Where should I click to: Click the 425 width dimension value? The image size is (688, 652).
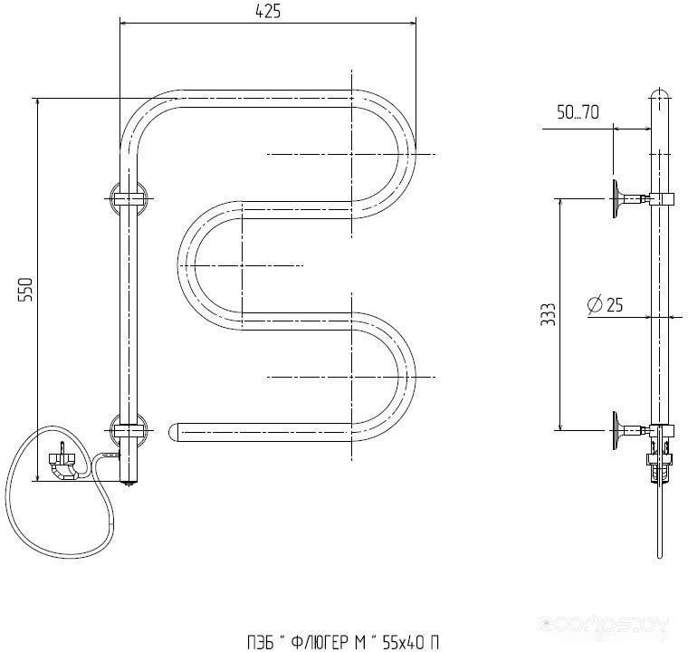pyautogui.click(x=268, y=11)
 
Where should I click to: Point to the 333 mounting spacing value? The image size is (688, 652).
pyautogui.click(x=548, y=314)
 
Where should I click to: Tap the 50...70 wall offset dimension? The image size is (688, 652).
pyautogui.click(x=578, y=112)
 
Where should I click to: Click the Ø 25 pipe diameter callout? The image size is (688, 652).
pyautogui.click(x=605, y=304)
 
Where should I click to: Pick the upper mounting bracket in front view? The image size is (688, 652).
pyautogui.click(x=129, y=199)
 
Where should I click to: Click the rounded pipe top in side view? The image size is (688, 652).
pyautogui.click(x=660, y=94)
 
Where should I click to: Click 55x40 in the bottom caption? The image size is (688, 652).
pyautogui.click(x=403, y=643)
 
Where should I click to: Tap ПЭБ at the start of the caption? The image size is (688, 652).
pyautogui.click(x=261, y=643)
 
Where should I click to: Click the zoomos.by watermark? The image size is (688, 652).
pyautogui.click(x=605, y=624)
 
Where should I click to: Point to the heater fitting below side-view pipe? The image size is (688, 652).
pyautogui.click(x=660, y=462)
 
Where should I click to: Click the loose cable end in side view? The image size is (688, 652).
pyautogui.click(x=659, y=554)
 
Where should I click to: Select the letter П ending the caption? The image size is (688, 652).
pyautogui.click(x=434, y=643)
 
